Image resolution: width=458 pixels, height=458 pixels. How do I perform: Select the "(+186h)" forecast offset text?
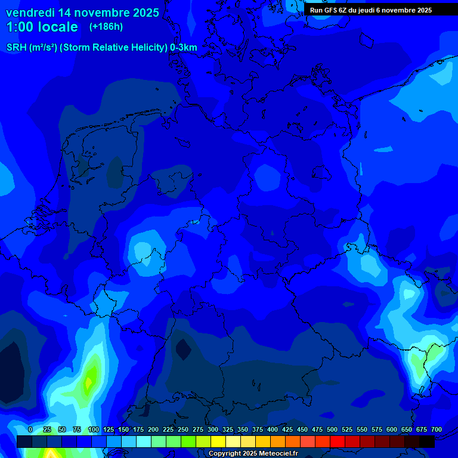click(106, 27)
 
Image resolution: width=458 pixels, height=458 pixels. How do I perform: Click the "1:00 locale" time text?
click(42, 27)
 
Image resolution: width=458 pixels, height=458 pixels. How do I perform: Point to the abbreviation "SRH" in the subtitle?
click(17, 48)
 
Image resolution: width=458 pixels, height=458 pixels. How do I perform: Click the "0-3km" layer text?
click(183, 48)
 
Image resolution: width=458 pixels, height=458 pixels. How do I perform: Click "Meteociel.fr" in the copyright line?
click(278, 453)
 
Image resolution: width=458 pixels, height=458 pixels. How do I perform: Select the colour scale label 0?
click(30, 430)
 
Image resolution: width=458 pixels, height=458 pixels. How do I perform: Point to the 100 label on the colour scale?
click(93, 430)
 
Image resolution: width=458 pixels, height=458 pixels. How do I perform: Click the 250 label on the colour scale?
click(182, 430)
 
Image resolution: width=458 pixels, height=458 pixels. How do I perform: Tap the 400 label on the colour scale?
click(273, 430)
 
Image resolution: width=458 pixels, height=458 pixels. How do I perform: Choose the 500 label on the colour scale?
click(332, 430)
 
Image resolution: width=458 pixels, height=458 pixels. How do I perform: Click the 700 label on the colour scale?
click(437, 430)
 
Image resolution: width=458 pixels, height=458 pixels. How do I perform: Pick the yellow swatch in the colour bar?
click(218, 442)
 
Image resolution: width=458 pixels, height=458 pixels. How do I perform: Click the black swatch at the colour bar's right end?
click(427, 442)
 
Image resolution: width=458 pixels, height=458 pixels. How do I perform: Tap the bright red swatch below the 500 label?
click(338, 442)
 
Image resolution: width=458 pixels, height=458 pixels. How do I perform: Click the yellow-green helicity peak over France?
click(91, 377)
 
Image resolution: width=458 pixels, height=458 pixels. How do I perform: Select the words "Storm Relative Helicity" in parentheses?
click(113, 48)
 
